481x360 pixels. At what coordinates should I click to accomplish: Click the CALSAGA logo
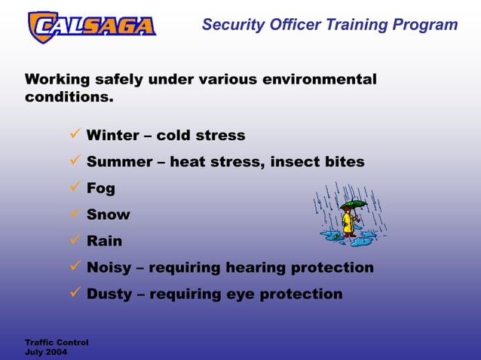[x=91, y=26]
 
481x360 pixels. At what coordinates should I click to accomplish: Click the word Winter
[x=112, y=136]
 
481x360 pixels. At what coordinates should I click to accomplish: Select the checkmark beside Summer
[x=75, y=161]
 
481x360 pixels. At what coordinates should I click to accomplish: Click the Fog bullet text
[x=100, y=188]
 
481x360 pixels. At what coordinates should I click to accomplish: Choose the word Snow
[x=108, y=215]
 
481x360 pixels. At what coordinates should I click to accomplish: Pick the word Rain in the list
[x=104, y=241]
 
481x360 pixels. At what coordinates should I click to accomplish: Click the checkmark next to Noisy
[x=75, y=267]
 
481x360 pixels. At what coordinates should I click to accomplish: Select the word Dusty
[x=109, y=294]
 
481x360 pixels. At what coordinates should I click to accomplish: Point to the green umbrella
[x=353, y=204]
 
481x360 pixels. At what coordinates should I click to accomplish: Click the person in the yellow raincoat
[x=349, y=223]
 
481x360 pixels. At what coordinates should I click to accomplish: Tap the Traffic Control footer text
[x=57, y=343]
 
